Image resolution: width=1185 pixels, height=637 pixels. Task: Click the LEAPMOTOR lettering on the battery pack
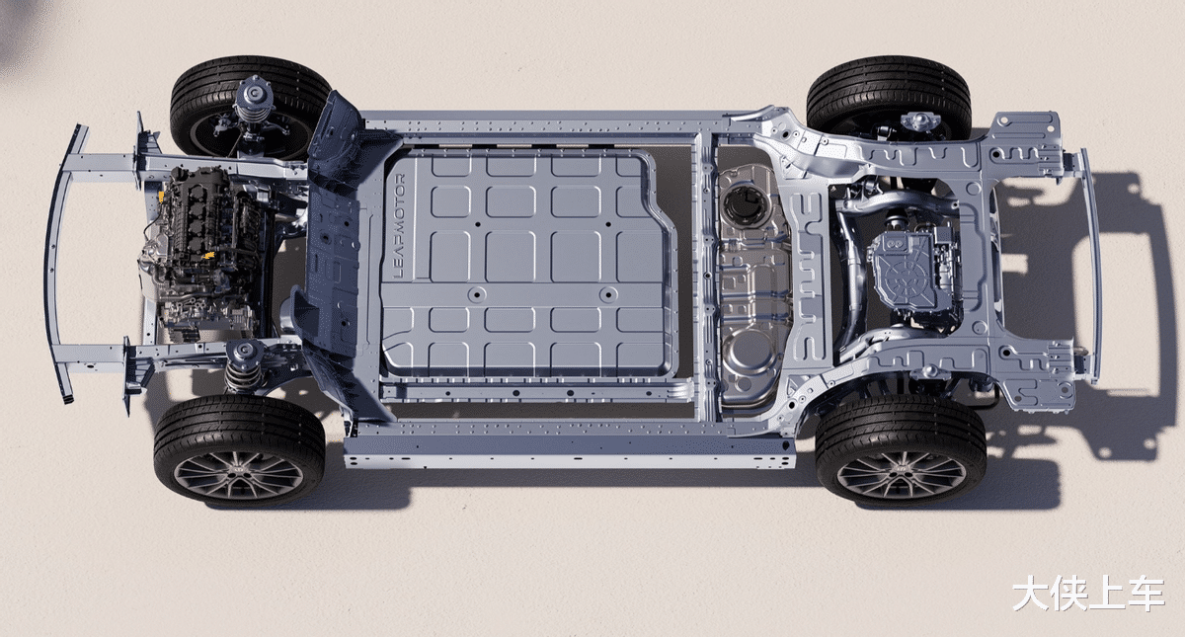click(x=400, y=226)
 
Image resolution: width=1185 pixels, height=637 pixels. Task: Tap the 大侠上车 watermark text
click(x=1088, y=594)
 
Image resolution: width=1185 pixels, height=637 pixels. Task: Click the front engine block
click(x=203, y=249)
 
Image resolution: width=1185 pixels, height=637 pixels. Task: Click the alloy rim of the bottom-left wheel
click(x=239, y=474)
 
